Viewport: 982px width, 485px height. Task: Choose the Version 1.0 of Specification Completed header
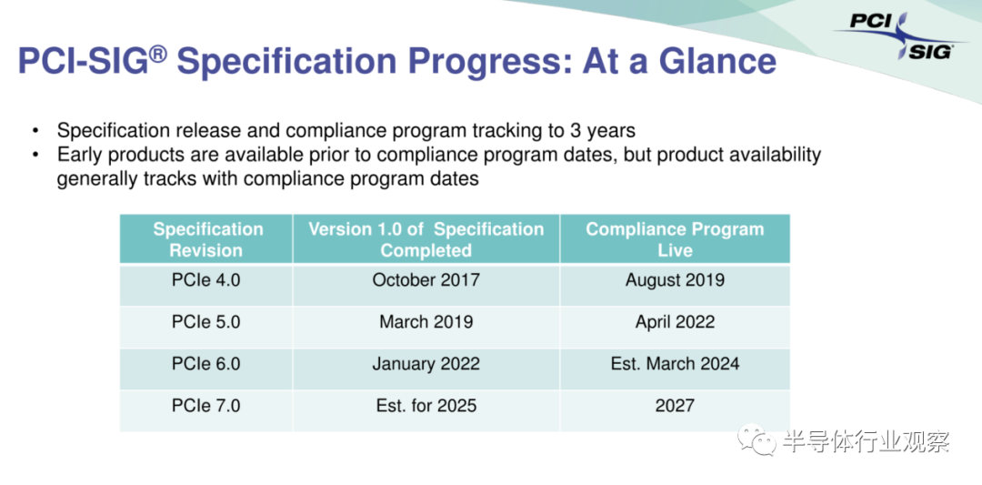pos(426,239)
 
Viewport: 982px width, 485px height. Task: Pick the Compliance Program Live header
pos(675,239)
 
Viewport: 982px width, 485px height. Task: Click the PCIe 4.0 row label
pos(206,279)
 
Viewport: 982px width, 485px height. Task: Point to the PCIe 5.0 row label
pos(206,322)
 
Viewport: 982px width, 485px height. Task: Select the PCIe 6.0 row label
pos(206,363)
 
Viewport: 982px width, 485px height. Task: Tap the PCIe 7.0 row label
pos(206,406)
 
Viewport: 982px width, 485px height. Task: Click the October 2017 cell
pos(426,279)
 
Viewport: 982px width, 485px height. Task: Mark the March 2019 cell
pos(426,322)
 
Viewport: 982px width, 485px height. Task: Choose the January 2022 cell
pos(426,363)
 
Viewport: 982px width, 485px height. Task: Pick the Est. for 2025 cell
pos(426,406)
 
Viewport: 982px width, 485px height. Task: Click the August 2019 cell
pos(675,279)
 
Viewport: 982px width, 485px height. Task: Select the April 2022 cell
pos(675,322)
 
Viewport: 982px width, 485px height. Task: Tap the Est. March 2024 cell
pos(675,363)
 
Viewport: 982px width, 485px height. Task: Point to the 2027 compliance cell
pos(675,406)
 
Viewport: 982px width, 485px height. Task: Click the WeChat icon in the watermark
pos(757,441)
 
